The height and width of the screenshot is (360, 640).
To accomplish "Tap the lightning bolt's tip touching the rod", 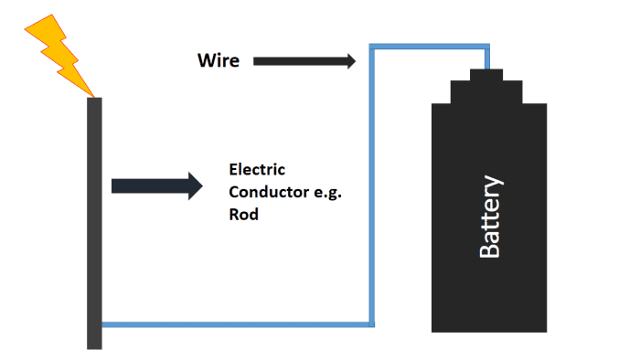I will point(92,94).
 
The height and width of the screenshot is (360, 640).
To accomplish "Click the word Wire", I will point(219,61).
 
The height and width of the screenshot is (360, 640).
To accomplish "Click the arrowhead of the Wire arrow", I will point(349,61).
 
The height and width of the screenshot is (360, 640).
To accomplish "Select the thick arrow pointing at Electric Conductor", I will point(155,185).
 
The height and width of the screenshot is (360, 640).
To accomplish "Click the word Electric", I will point(257,170).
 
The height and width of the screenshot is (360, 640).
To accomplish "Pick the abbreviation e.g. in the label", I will point(325,193).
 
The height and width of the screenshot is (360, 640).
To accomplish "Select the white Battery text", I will point(491,216).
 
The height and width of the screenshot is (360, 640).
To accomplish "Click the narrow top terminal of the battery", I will point(486,74).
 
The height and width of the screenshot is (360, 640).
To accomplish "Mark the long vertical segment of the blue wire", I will point(372,183).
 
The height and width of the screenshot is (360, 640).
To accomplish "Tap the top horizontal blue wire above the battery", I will point(430,46).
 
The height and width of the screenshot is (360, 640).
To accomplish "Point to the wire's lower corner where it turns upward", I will point(372,323).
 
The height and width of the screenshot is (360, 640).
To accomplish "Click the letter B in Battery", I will point(491,249).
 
